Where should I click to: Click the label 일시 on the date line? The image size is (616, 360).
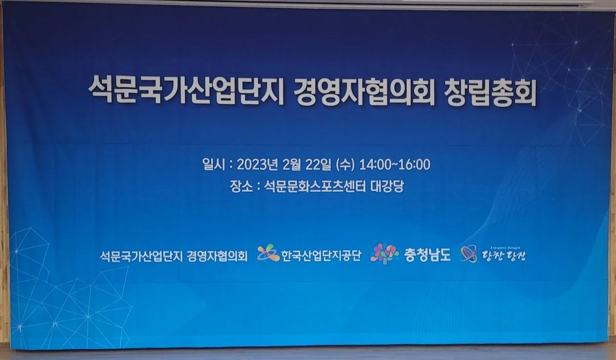[x=214, y=165]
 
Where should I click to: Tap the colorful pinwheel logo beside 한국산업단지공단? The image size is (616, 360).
[x=268, y=253]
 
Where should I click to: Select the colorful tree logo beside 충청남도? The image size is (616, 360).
[x=384, y=253]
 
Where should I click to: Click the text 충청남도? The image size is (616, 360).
[x=427, y=255]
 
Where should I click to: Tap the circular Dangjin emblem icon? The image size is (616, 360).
[x=468, y=254]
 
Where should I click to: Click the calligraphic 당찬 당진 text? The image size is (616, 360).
[x=503, y=255]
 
